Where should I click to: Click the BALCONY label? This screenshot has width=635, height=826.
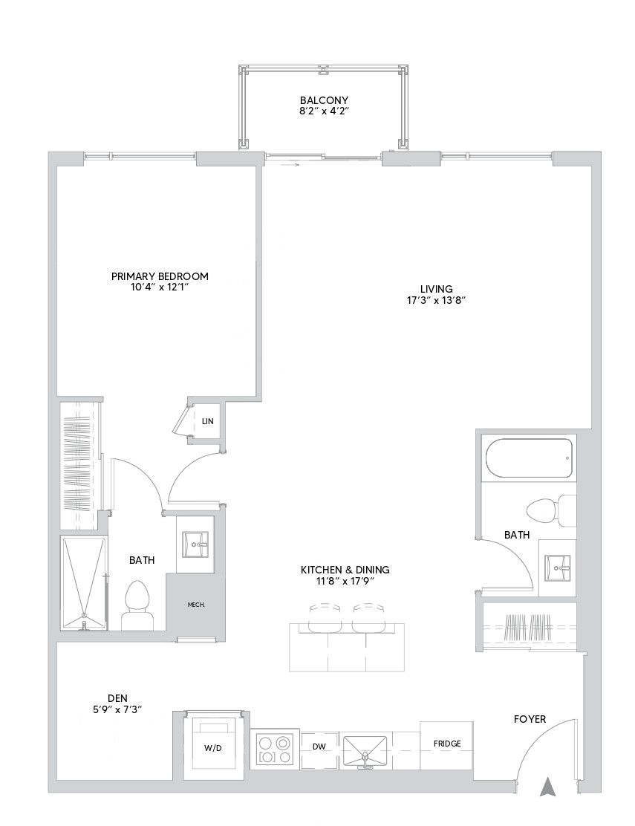(x=324, y=100)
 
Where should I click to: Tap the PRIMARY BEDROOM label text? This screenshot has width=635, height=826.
(x=160, y=276)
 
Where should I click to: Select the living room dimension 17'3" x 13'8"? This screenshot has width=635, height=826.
(x=436, y=301)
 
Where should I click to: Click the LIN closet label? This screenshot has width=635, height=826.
(x=207, y=421)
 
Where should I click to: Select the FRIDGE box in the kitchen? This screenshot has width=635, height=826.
(x=447, y=744)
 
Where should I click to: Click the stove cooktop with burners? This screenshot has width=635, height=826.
(x=274, y=749)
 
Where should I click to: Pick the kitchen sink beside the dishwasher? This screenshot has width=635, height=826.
(x=365, y=749)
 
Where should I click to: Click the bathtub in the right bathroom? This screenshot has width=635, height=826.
(x=528, y=459)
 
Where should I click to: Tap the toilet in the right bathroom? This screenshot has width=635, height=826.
(x=548, y=510)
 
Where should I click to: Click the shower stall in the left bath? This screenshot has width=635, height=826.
(x=83, y=583)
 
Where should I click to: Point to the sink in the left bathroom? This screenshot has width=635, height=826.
(x=196, y=545)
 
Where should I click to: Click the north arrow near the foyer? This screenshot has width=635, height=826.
(x=547, y=786)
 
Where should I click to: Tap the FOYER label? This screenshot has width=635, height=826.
(x=530, y=719)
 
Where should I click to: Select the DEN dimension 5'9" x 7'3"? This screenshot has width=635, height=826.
(x=114, y=709)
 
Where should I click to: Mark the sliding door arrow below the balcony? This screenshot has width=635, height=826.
(x=290, y=165)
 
